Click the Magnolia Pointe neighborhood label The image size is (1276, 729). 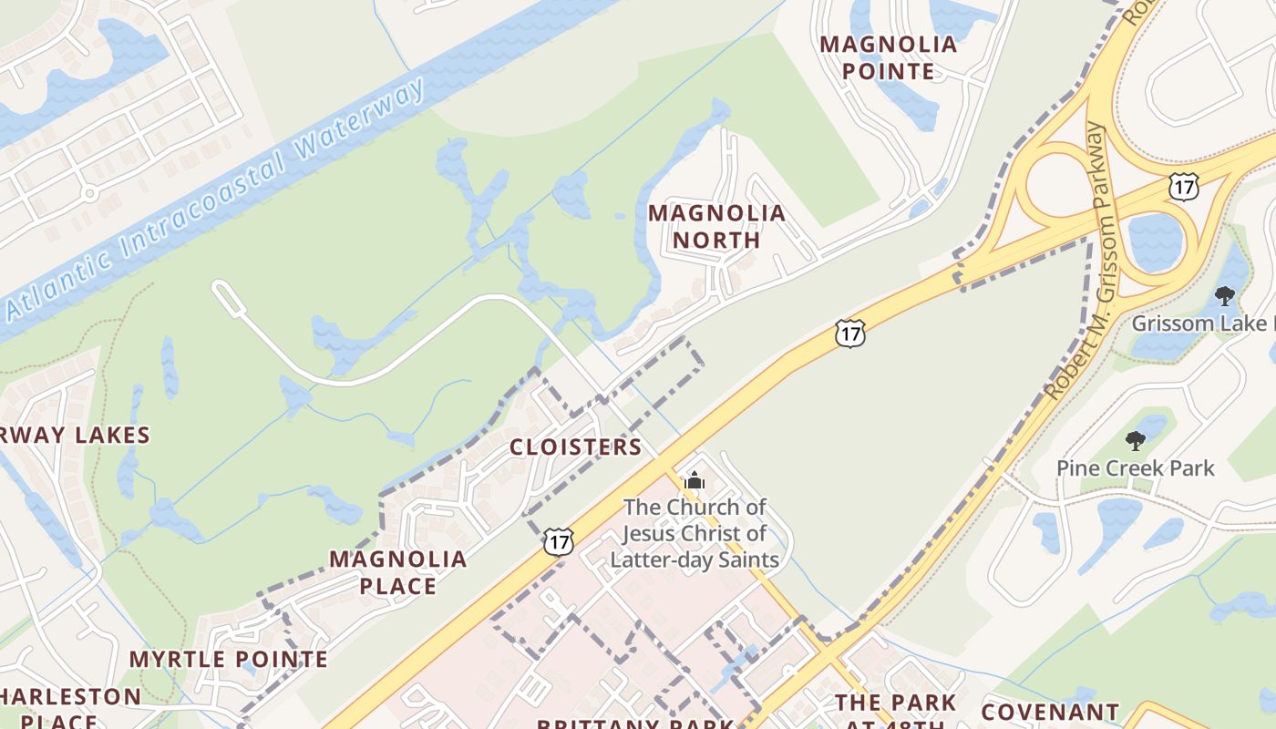(x=889, y=57)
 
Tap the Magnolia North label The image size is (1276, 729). (x=716, y=227)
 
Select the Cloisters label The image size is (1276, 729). (x=575, y=447)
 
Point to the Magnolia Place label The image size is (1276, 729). (x=398, y=572)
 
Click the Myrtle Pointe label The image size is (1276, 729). (x=228, y=659)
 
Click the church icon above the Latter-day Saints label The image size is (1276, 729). (x=695, y=479)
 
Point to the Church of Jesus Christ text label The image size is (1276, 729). (x=695, y=533)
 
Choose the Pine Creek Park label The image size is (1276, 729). (x=1135, y=468)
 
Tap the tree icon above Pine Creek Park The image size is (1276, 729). (x=1135, y=442)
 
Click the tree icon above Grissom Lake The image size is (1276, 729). (x=1225, y=295)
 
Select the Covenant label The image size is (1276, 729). (x=1050, y=711)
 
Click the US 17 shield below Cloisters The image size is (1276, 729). (x=559, y=540)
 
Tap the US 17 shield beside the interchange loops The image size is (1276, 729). (x=1183, y=187)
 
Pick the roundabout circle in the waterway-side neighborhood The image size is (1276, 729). (x=89, y=193)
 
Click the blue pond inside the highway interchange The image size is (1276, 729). (x=1156, y=241)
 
